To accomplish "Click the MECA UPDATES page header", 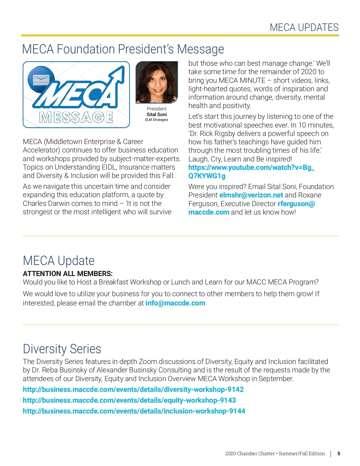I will pos(304,27).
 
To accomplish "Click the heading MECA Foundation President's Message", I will pos(123,49).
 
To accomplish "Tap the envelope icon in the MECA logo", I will pos(41,80).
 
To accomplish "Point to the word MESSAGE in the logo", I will pos(76,117).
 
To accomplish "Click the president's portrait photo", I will pos(157,82).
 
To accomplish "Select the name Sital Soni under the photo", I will pos(157,114).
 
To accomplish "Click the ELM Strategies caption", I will pos(157,120).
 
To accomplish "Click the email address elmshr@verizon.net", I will pos(251,195).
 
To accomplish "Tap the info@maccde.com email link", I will pos(175,303).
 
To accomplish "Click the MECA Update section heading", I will pos(59,260).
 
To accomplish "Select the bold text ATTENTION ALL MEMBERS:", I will pos(67,274).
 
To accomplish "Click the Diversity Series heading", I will pos(62,349).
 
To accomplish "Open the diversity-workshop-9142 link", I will pos(133,389).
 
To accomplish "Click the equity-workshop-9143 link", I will pos(129,400).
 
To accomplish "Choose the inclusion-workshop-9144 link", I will pos(134,411).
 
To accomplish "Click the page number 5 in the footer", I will pos(339,454).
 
